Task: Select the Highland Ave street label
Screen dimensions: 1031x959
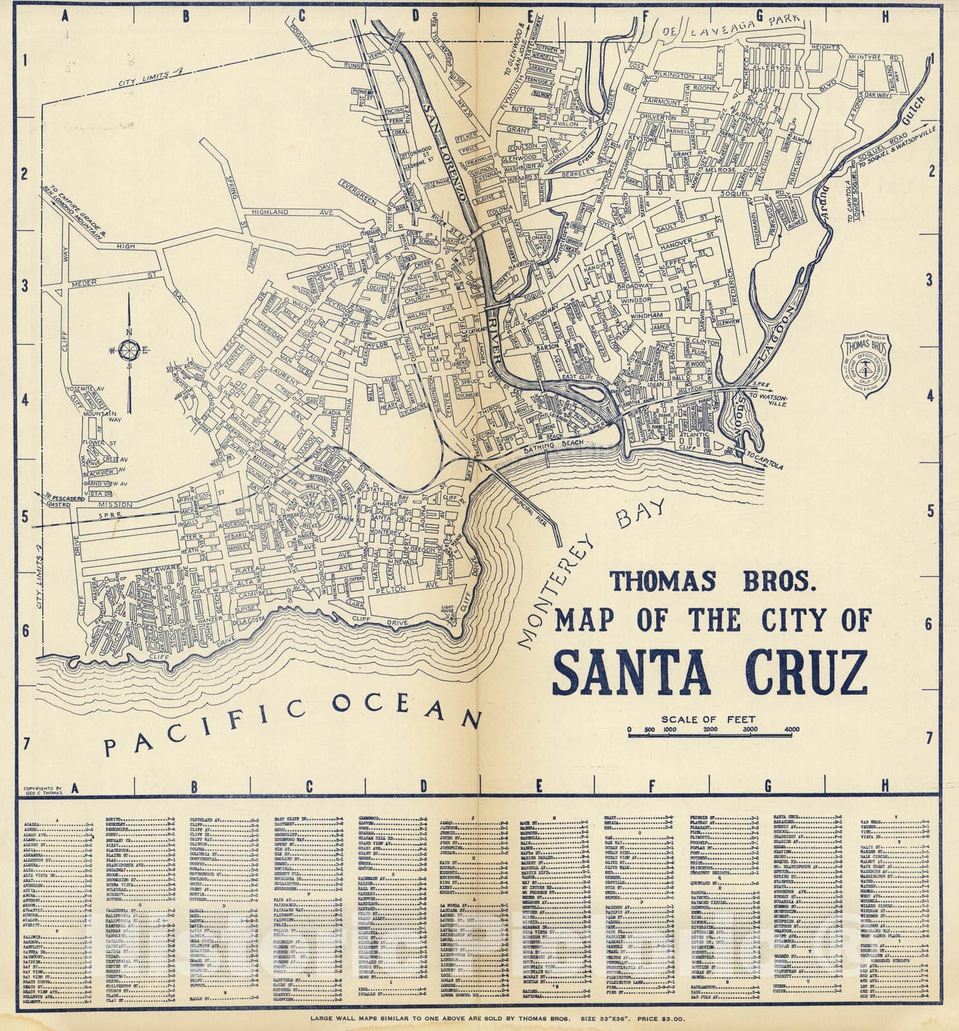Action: [284, 212]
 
